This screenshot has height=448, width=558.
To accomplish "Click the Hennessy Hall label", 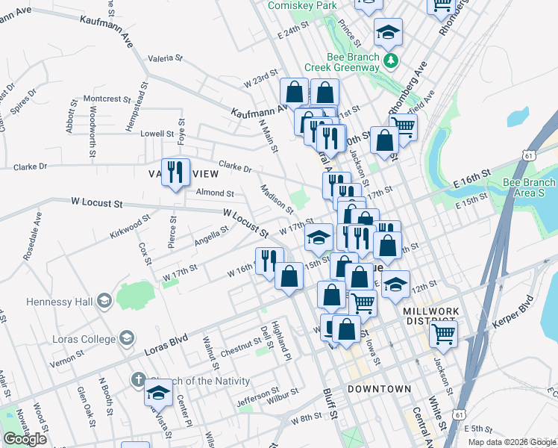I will [x=48, y=302].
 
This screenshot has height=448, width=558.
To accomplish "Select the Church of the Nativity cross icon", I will [x=137, y=380].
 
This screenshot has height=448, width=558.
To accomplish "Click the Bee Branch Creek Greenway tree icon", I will [x=389, y=59].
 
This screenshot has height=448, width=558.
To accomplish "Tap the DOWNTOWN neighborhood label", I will [x=379, y=389].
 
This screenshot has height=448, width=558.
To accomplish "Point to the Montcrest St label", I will [x=106, y=99].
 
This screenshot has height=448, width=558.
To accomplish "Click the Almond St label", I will [x=215, y=193].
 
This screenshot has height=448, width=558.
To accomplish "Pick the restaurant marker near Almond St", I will [x=175, y=172].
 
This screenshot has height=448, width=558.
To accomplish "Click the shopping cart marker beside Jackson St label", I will [x=442, y=335].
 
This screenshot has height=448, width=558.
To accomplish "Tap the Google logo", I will [x=25, y=439].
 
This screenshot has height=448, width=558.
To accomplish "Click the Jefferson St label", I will [x=257, y=401].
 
